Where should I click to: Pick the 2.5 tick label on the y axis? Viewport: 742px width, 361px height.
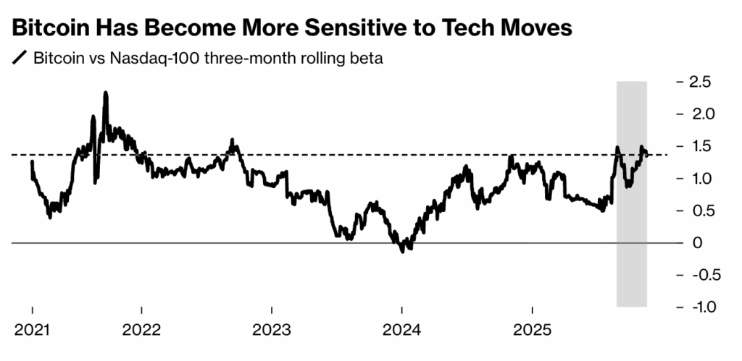(700, 82)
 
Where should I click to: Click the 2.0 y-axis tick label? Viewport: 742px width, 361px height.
(700, 114)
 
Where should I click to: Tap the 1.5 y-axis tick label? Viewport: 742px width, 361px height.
(700, 146)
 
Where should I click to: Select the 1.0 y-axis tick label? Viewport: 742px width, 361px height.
(700, 179)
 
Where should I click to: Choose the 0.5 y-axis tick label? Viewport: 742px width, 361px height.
(700, 211)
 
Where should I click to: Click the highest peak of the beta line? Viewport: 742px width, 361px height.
(106, 93)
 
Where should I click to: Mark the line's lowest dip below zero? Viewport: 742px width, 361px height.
(403, 250)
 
